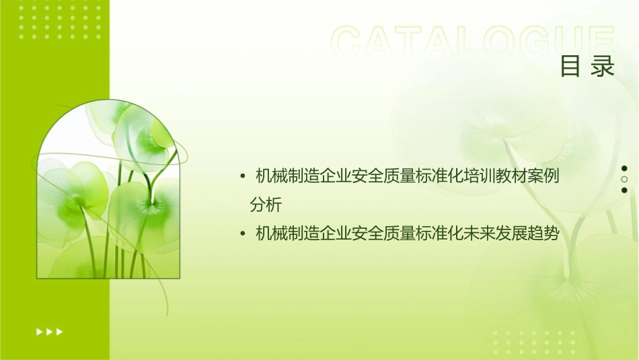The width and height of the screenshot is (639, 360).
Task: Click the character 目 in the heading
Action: pyautogui.click(x=570, y=67)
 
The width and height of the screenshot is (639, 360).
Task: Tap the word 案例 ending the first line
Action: pyautogui.click(x=543, y=177)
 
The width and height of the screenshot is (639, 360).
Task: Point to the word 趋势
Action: pyautogui.click(x=543, y=233)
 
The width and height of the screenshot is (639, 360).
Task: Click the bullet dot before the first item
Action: pyautogui.click(x=242, y=177)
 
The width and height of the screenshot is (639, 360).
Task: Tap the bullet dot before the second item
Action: pyautogui.click(x=242, y=233)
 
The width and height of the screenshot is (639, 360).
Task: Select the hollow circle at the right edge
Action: pyautogui.click(x=624, y=179)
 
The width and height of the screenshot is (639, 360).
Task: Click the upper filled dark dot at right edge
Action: pyautogui.click(x=624, y=168)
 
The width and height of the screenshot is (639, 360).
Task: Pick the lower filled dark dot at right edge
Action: pyautogui.click(x=624, y=190)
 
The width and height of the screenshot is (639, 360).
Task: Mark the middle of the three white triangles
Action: pyautogui.click(x=49, y=331)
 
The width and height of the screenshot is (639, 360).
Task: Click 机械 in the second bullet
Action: pyautogui.click(x=265, y=233)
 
